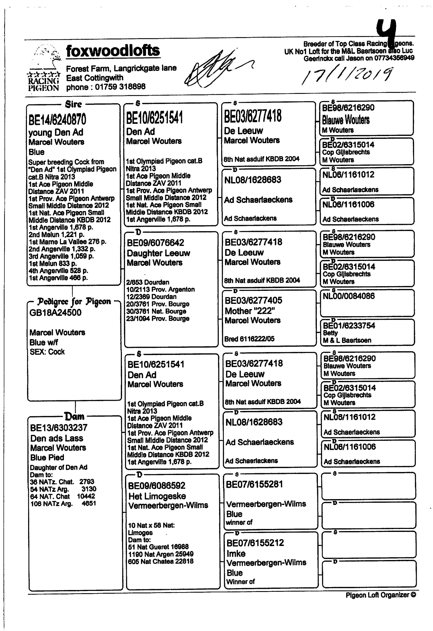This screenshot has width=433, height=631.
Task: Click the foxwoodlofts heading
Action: tap(113, 51)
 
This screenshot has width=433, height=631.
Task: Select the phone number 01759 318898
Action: tap(120, 87)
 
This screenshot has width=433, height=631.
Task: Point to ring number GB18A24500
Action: tap(55, 313)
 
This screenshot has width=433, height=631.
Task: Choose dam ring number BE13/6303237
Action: tap(59, 428)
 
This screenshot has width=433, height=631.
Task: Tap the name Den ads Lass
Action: tap(57, 438)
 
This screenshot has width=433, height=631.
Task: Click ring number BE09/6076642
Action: tap(155, 243)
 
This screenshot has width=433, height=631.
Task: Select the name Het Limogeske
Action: tap(157, 496)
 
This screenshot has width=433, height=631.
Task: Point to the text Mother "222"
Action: tap(250, 311)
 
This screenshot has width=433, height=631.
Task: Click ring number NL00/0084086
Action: tap(348, 296)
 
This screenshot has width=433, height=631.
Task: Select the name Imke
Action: tap(236, 554)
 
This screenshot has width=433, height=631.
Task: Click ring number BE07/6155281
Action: tap(254, 484)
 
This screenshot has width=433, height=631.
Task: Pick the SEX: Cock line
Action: tap(47, 352)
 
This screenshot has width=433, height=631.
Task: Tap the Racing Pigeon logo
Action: tap(43, 69)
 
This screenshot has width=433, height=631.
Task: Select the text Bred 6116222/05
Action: tap(249, 339)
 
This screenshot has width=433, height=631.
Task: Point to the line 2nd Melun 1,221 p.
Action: tap(56, 235)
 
